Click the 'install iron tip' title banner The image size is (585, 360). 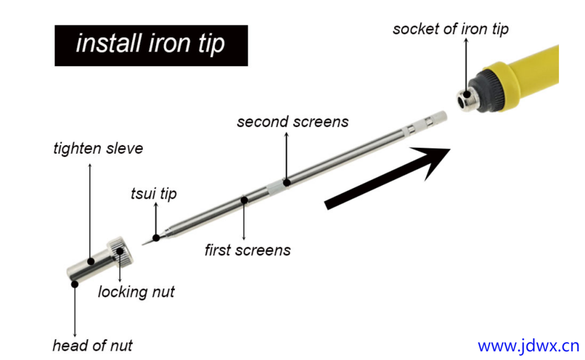(151, 45)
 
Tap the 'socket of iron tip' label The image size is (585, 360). (451, 29)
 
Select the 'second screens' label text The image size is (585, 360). (292, 122)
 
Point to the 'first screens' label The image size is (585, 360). (248, 250)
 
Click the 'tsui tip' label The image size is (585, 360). (154, 194)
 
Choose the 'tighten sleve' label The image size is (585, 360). (98, 148)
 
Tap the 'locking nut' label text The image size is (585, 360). (136, 292)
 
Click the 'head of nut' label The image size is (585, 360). (92, 345)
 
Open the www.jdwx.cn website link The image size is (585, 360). (528, 345)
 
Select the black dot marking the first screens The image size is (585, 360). (244, 200)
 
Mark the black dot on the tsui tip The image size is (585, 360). (156, 237)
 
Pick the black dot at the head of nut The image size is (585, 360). (75, 283)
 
